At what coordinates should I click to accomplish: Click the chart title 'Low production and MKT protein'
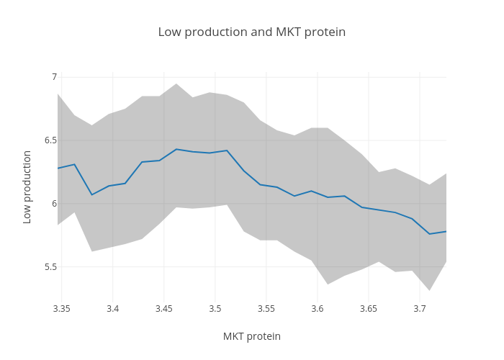[251, 32]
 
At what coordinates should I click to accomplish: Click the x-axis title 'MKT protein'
[251, 336]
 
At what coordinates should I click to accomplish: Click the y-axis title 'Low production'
[27, 187]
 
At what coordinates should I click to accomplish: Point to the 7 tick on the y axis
[54, 77]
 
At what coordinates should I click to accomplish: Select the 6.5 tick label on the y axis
[50, 140]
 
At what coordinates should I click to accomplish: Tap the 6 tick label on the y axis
[54, 204]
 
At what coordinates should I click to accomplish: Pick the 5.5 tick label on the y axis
[50, 267]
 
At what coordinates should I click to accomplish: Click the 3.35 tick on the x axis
[61, 309]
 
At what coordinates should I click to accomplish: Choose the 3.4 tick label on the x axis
[112, 309]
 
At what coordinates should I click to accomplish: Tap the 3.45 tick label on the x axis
[163, 309]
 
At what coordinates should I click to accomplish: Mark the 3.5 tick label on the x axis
[215, 309]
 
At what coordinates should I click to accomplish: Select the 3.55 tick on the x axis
[266, 309]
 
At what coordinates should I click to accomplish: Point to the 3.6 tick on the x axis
[318, 309]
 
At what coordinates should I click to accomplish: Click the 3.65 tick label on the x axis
[369, 309]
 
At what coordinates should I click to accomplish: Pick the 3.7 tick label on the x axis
[420, 309]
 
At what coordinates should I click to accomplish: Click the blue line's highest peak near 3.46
[176, 149]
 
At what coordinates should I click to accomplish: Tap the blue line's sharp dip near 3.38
[91, 194]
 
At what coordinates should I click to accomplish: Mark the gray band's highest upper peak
[176, 84]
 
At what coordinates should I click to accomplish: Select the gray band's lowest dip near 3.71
[430, 290]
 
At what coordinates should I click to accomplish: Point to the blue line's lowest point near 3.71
[430, 234]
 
